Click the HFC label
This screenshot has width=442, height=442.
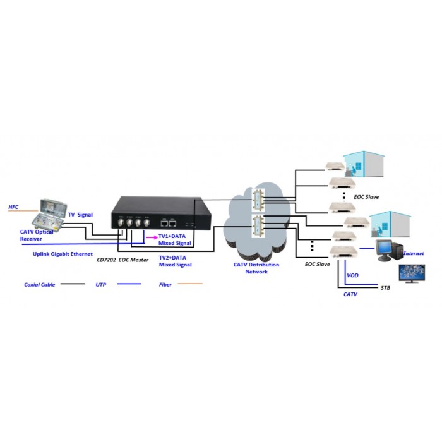point(13,207)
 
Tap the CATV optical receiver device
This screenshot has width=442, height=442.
point(49,216)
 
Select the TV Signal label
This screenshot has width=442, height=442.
point(80,215)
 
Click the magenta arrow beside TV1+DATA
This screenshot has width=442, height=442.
point(152,237)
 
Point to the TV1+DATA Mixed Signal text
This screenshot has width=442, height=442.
point(175,239)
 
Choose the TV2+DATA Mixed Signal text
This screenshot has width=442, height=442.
point(175,261)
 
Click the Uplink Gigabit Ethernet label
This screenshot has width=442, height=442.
point(63,254)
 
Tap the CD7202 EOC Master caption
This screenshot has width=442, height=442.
point(122,260)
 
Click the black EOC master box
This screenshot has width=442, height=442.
point(161,213)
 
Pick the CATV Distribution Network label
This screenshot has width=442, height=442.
point(256,268)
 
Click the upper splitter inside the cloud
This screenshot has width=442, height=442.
point(258,200)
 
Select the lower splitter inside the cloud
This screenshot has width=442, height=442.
point(258,227)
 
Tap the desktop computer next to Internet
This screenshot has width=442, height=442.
point(390,250)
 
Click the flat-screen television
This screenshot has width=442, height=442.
point(412,273)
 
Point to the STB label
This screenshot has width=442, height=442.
point(385,288)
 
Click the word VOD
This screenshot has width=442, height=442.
point(352,275)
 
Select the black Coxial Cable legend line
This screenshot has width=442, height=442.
point(73,284)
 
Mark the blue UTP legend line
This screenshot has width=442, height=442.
point(129,284)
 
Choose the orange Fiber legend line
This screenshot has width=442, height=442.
point(190,284)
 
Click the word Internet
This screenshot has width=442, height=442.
point(414,253)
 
